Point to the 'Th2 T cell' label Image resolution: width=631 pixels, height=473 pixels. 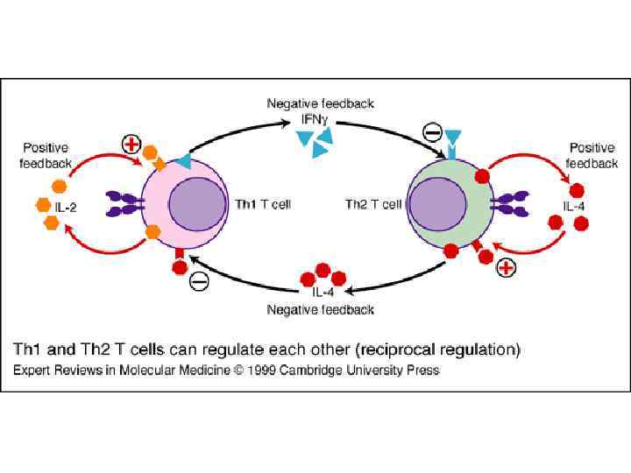(x=374, y=205)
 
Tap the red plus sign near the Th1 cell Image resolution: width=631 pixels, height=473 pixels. (x=131, y=143)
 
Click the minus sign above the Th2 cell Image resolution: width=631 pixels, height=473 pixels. (x=432, y=134)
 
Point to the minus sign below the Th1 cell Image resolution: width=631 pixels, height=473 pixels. (x=199, y=282)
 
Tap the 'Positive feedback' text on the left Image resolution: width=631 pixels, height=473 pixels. (x=46, y=156)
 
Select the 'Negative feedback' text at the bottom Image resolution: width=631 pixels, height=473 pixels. (x=320, y=309)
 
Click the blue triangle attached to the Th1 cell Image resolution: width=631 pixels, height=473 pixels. (x=182, y=160)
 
